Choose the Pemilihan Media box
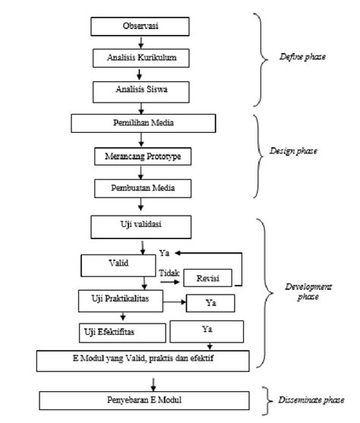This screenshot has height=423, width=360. click(x=139, y=123)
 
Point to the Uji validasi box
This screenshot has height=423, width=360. click(x=138, y=226)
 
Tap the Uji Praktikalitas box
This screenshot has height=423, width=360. click(x=116, y=300)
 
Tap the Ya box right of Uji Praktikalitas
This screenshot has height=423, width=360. click(x=210, y=302)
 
